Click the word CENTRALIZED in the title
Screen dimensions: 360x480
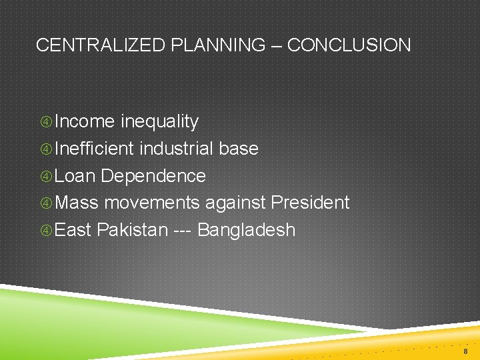pos(101,45)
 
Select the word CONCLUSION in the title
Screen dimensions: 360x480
pos(349,45)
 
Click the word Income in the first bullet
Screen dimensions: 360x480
pos(85,121)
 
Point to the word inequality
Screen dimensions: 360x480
pos(159,122)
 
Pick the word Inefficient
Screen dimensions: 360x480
pos(95,149)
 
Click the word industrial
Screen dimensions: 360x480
pos(177,149)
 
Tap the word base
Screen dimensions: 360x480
pos(239,149)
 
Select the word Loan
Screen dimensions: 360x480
pos(75,176)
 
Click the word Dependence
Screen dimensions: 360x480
pos(153,176)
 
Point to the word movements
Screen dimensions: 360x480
pos(152,203)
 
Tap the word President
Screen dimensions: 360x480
pos(309,203)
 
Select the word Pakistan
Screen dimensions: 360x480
pos(132,230)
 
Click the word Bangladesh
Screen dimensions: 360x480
pos(247,230)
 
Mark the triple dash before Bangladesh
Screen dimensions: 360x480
pos(183,231)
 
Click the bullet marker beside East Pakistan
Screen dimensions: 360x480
pos(47,231)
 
